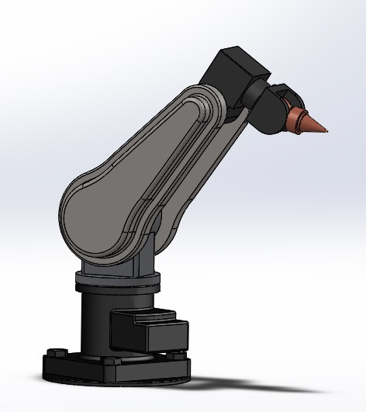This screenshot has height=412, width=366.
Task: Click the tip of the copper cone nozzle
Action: tap(327, 130)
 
